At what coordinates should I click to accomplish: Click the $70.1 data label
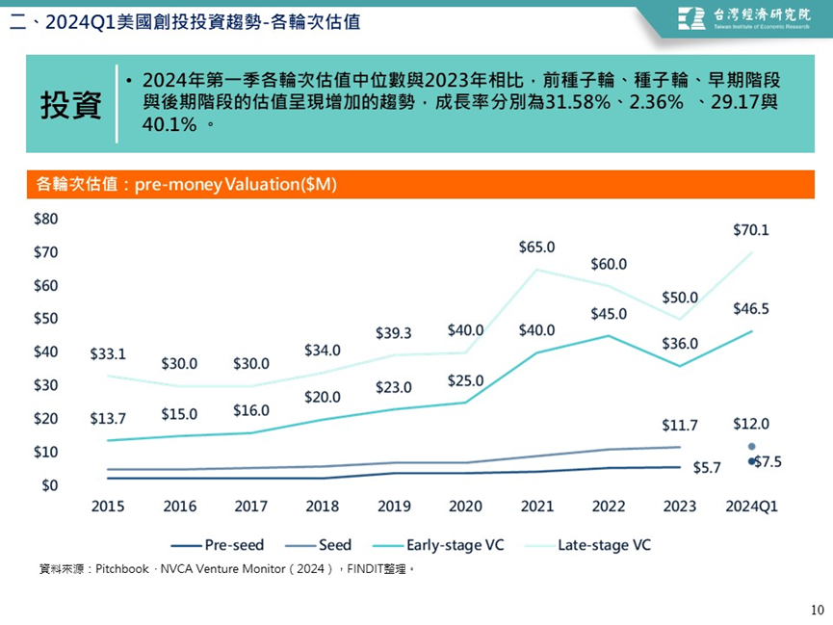pyautogui.click(x=750, y=230)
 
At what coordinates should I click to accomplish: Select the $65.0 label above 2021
pyautogui.click(x=536, y=247)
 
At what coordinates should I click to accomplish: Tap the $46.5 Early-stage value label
pyautogui.click(x=750, y=309)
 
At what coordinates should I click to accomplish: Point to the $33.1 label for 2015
pyautogui.click(x=108, y=354)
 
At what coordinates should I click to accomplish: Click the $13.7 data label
pyautogui.click(x=108, y=419)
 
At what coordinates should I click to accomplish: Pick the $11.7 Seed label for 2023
pyautogui.click(x=680, y=425)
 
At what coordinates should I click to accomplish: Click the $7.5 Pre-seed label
pyautogui.click(x=768, y=462)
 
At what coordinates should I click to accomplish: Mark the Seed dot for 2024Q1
pyautogui.click(x=752, y=447)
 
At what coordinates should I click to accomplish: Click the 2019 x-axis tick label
pyautogui.click(x=394, y=506)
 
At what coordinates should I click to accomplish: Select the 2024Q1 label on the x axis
pyautogui.click(x=751, y=506)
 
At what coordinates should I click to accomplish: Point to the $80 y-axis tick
pyautogui.click(x=45, y=219)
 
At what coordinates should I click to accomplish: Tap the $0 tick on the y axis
pyautogui.click(x=49, y=485)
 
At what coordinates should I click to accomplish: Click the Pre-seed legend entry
pyautogui.click(x=218, y=545)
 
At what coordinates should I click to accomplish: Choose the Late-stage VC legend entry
pyautogui.click(x=587, y=545)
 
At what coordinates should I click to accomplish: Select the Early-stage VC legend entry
pyautogui.click(x=438, y=545)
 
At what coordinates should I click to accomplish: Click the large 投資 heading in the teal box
pyautogui.click(x=71, y=105)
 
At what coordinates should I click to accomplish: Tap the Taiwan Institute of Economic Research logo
pyautogui.click(x=743, y=18)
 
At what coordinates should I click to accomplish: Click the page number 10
pyautogui.click(x=817, y=610)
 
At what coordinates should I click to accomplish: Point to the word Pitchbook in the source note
pyautogui.click(x=122, y=569)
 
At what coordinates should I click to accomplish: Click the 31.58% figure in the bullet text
pyautogui.click(x=578, y=101)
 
